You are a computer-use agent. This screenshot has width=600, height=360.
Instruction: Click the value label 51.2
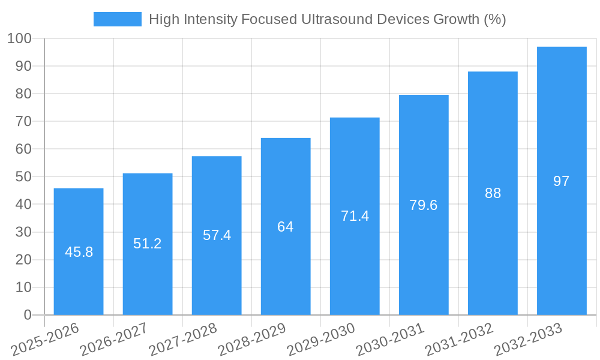tap(148, 244)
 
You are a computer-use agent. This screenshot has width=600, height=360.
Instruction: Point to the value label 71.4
tap(355, 216)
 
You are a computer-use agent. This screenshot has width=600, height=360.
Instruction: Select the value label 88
tap(493, 193)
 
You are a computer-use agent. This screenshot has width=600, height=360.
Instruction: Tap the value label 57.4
tap(217, 235)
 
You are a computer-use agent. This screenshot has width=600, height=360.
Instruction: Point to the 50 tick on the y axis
tap(23, 177)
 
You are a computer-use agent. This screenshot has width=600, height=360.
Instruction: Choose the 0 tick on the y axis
tap(27, 315)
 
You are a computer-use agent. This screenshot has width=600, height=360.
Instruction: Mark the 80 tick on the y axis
tap(23, 94)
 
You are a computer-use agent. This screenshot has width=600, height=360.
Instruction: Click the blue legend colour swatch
tap(118, 19)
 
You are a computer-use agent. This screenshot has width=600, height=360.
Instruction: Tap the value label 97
tap(562, 181)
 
